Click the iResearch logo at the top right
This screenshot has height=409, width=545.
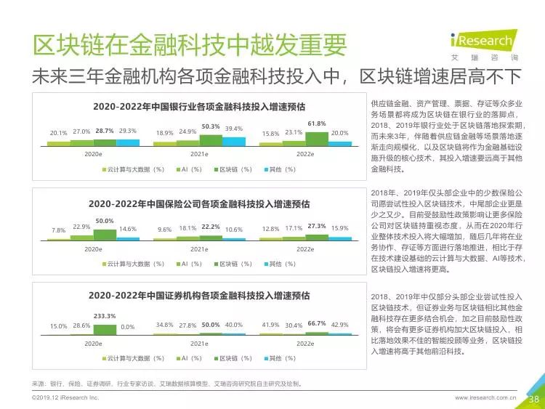[x=485, y=45]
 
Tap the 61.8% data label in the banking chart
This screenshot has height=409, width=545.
[x=317, y=123]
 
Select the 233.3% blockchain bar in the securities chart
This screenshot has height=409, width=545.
[x=105, y=329]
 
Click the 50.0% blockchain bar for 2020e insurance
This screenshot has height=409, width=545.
[x=105, y=235]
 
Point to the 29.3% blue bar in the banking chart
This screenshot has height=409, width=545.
[x=128, y=142]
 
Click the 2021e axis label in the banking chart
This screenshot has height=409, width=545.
[x=199, y=154]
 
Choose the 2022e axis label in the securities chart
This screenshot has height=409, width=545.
[x=305, y=344]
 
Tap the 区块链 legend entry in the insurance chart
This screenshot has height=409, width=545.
[x=233, y=264]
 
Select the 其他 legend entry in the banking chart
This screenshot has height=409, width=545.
[x=280, y=169]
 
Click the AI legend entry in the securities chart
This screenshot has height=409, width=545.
[x=189, y=358]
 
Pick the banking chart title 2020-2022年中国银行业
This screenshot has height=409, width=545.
[x=199, y=106]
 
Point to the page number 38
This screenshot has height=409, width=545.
[x=534, y=400]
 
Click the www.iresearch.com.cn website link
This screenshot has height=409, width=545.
[x=485, y=397]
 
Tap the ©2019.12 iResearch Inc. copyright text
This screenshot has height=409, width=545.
[x=65, y=397]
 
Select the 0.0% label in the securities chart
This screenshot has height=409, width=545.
[x=128, y=327]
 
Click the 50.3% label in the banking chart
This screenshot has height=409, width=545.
[x=211, y=126]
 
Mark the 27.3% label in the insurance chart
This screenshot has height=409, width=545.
[x=317, y=226]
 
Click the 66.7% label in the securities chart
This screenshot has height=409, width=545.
[x=317, y=323]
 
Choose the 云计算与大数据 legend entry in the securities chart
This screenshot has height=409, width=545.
[x=133, y=358]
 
